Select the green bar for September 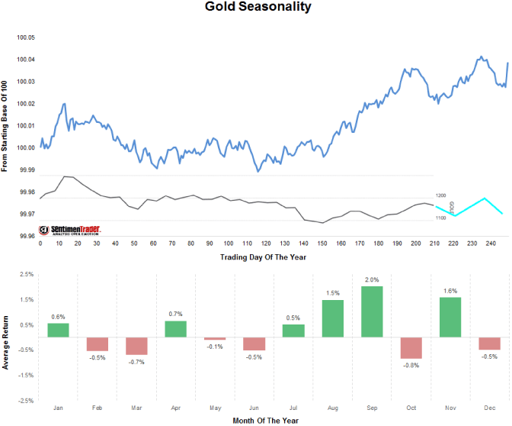coord(373,311)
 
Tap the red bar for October coord(411,347)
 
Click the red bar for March coord(136,346)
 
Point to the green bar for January coord(58,330)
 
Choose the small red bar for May coord(215,338)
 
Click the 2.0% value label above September coord(373,279)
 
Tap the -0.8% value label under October coord(411,365)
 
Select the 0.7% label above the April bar coord(175,314)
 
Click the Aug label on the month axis coord(333,408)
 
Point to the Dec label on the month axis coord(490,408)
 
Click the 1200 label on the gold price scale coord(440,196)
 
